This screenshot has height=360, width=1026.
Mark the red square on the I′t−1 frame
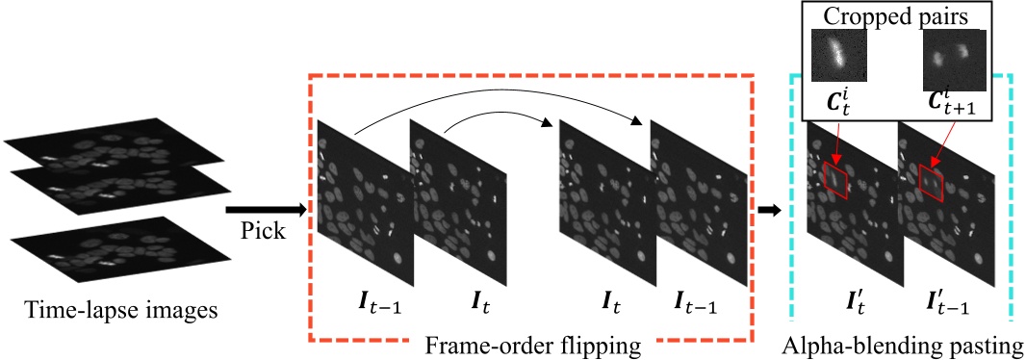(x=931, y=180)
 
